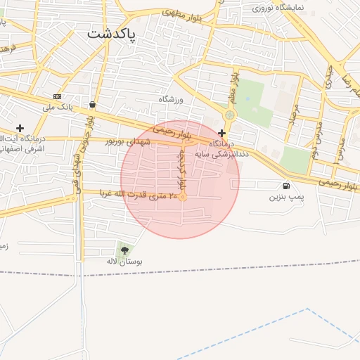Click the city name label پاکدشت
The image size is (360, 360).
[112, 33]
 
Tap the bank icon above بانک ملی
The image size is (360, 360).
[57, 97]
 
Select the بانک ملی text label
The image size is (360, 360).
[58, 108]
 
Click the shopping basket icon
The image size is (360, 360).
[92, 105]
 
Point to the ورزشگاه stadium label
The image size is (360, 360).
[170, 99]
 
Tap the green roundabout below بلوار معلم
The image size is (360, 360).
[230, 115]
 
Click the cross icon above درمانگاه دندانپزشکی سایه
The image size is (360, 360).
[222, 133]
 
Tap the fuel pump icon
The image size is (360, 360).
[286, 186]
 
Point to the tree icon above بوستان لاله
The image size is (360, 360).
[125, 250]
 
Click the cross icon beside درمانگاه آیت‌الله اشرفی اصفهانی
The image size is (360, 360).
[20, 129]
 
